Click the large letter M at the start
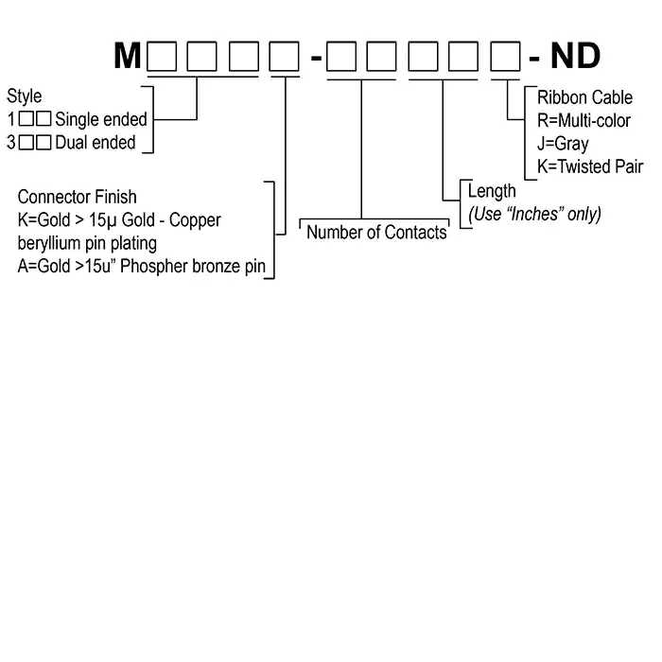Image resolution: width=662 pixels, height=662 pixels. point(128,57)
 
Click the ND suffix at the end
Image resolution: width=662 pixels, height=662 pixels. point(576,57)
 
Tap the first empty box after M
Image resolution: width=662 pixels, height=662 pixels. point(162,58)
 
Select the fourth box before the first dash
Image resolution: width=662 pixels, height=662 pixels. point(284,58)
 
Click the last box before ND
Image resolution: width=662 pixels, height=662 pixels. point(504,58)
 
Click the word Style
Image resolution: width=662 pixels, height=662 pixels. point(25,96)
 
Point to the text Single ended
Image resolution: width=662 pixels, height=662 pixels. point(101,120)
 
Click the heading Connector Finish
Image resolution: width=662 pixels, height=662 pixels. point(78,197)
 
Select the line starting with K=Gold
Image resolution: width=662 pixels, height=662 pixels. point(119,220)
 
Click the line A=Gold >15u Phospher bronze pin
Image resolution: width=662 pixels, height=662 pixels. point(142,267)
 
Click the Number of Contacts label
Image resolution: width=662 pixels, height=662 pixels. point(376,232)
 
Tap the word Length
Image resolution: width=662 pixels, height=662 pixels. point(493,191)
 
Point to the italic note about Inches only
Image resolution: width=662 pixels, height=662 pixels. point(535,214)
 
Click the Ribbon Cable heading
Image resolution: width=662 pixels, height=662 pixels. point(585,97)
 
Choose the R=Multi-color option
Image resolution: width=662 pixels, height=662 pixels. point(584,120)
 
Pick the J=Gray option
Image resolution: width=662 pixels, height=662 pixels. point(563,144)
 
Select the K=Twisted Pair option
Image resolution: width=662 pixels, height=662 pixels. point(590,166)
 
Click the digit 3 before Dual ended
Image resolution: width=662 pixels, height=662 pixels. point(11,143)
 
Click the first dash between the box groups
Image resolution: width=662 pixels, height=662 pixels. point(317,59)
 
